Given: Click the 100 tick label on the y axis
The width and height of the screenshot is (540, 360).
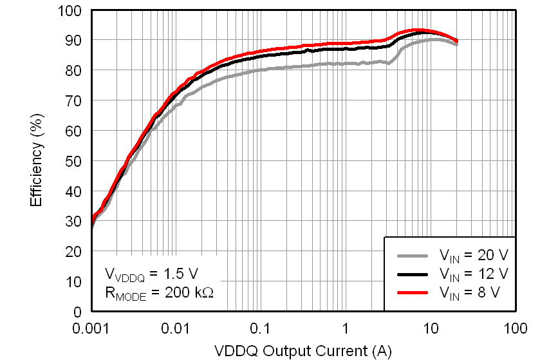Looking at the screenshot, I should [x=70, y=10].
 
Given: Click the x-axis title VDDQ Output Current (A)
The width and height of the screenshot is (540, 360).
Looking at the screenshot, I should [x=303, y=351].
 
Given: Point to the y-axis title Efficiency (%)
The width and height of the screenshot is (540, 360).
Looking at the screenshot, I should [x=37, y=161].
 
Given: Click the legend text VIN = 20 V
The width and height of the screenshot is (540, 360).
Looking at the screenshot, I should [x=473, y=254].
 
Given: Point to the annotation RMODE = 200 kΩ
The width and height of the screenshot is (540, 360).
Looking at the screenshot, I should [x=158, y=292].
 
